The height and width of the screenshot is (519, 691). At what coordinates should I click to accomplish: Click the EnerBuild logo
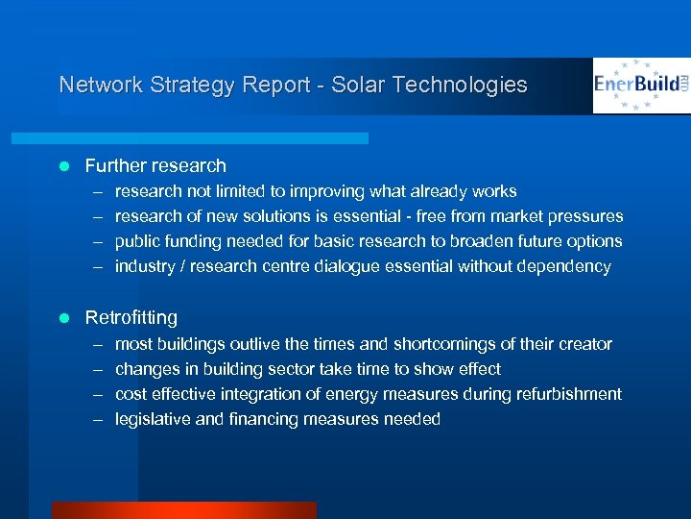point(640,86)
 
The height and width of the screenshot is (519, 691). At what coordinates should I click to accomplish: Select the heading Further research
point(155,165)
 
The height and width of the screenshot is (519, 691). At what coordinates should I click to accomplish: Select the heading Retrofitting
point(131,317)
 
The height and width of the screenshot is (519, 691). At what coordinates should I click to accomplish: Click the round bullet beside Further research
point(64,166)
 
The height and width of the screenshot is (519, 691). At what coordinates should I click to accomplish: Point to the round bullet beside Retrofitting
point(64,318)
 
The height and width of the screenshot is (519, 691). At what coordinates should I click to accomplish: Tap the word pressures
point(585,216)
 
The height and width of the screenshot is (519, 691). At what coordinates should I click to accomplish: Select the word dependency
point(565,266)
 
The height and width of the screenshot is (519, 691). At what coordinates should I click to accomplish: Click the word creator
point(583,343)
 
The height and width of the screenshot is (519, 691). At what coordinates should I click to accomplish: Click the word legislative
point(150,418)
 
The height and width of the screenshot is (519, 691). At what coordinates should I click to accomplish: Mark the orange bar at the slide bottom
point(183,510)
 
